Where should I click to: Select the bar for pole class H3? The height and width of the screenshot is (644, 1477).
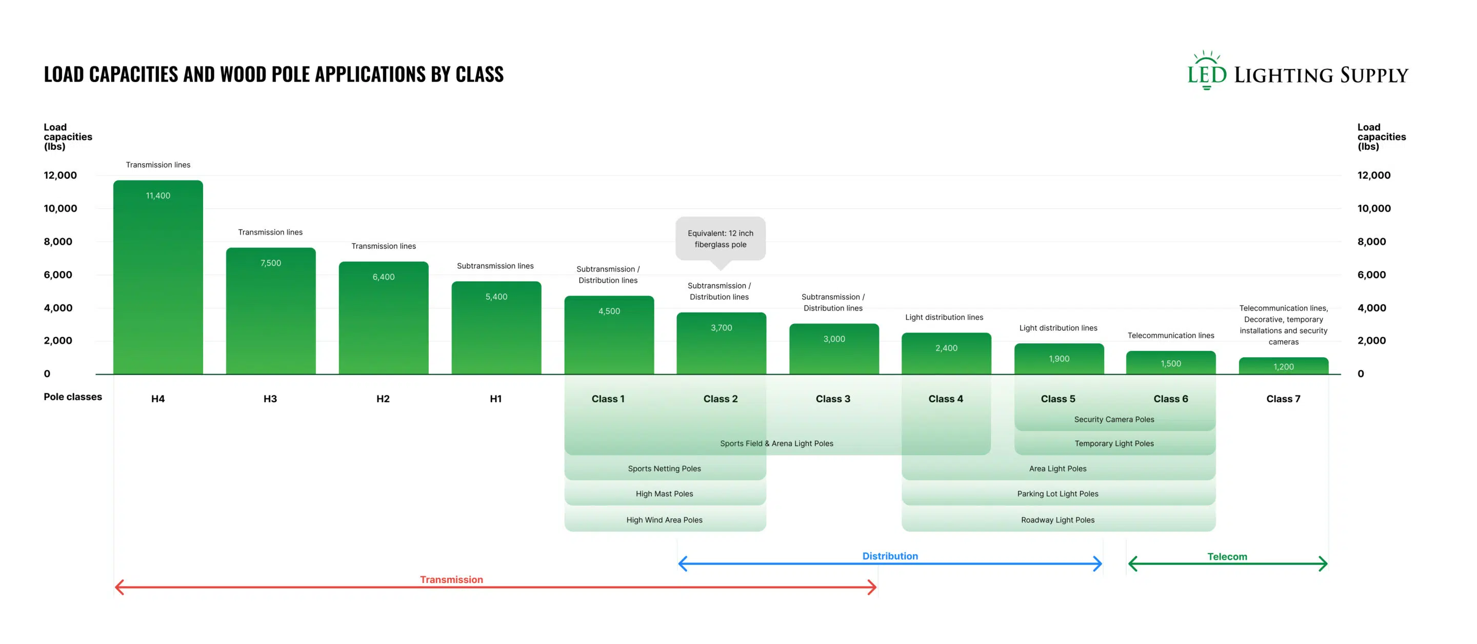click(271, 311)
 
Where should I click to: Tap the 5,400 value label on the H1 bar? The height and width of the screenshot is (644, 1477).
click(496, 297)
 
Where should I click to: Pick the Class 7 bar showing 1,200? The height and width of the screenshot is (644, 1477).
click(1283, 366)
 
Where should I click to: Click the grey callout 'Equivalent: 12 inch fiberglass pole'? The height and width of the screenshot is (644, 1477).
click(721, 239)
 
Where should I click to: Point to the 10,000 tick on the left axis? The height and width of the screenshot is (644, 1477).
click(60, 208)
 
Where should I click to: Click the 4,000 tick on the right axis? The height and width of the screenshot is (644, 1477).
click(1371, 308)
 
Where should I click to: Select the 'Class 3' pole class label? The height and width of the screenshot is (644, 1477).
click(833, 399)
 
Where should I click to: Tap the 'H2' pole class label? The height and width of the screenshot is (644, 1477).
click(383, 399)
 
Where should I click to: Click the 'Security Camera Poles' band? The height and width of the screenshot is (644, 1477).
click(1114, 419)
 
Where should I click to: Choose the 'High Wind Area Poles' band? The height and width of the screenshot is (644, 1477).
click(665, 519)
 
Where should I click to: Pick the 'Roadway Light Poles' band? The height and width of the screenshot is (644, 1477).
click(1059, 519)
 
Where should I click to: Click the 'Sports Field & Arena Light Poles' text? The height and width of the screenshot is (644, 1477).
click(777, 443)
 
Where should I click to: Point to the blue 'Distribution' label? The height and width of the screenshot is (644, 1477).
click(890, 556)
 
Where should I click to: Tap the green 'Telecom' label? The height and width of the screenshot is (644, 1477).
click(1227, 556)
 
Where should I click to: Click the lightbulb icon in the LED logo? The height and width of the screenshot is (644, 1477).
click(1207, 70)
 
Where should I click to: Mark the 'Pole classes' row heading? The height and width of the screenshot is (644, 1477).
click(73, 397)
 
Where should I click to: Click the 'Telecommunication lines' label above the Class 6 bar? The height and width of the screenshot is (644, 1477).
click(1171, 336)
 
